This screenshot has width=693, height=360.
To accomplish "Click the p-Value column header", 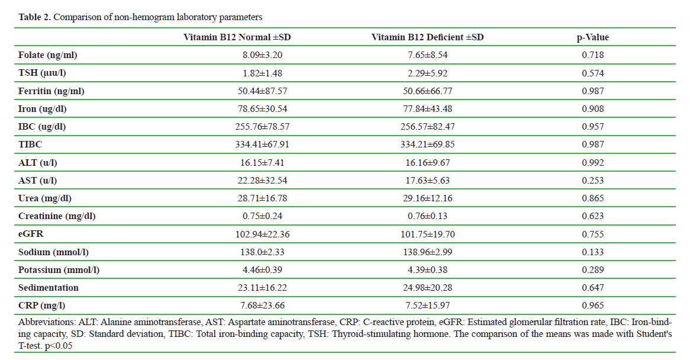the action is click(x=592, y=37).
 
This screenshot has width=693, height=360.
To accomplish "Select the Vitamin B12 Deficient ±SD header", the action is click(x=427, y=37).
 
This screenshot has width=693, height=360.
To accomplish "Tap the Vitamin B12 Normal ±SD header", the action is click(x=237, y=37).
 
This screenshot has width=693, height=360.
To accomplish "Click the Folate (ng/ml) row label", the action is click(x=48, y=55).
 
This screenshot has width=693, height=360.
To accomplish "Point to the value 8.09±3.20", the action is click(x=263, y=55).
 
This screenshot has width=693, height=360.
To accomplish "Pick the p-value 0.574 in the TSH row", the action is click(x=592, y=73).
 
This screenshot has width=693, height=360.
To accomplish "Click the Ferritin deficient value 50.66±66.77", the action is click(x=427, y=91).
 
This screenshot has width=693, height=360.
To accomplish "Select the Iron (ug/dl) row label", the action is click(x=43, y=109).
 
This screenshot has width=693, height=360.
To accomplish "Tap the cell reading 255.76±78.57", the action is click(x=263, y=127).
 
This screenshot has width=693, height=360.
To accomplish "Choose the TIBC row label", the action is click(x=30, y=144).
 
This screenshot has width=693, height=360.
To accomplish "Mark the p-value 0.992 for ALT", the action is click(x=592, y=163).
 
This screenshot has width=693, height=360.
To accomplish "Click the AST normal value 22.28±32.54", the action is click(x=263, y=181).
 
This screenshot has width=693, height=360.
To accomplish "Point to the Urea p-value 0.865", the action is click(x=592, y=198).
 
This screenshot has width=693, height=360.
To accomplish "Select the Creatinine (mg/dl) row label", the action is click(x=57, y=216).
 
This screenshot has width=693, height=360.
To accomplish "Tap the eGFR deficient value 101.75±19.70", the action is click(x=427, y=234).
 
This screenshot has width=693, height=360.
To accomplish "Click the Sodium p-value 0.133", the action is click(x=592, y=252).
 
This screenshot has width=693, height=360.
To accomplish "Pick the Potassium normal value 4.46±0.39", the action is click(x=263, y=270).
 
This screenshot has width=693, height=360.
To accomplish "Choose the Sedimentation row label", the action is click(x=48, y=288).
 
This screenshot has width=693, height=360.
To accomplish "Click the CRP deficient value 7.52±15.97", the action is click(x=427, y=306).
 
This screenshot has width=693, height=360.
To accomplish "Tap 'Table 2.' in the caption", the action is click(x=34, y=17).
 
